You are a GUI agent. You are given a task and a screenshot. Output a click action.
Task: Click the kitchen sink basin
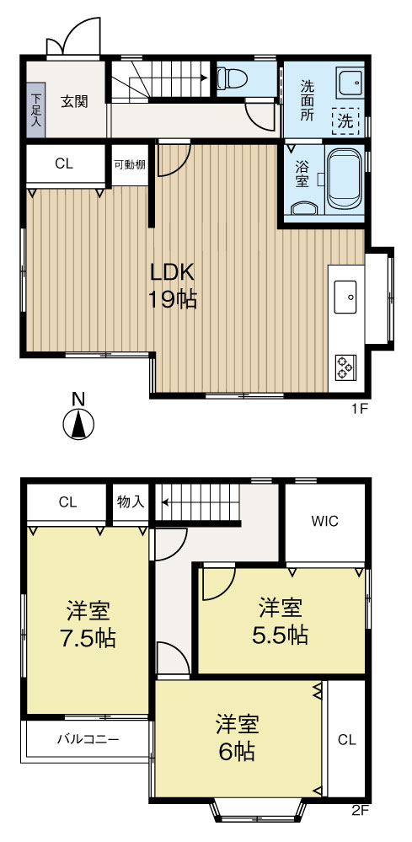click(x=347, y=297)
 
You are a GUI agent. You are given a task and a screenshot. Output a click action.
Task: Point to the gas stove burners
click(x=346, y=366)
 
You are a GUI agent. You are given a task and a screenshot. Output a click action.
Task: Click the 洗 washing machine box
click(x=345, y=121)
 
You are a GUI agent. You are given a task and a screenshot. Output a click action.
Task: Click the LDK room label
click(x=173, y=272)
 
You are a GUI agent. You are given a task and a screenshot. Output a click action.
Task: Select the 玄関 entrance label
click(x=74, y=102)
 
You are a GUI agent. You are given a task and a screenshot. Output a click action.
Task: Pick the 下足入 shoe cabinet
click(x=35, y=110)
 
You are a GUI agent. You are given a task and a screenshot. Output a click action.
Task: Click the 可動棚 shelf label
click(x=130, y=164)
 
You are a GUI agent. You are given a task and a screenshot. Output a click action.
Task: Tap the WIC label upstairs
click(x=326, y=521)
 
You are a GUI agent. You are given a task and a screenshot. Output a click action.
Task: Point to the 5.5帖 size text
click(x=281, y=633)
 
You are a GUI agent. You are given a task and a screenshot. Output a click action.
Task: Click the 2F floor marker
click(x=360, y=813)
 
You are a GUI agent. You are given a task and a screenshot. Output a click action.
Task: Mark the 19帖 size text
click(x=173, y=299)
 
